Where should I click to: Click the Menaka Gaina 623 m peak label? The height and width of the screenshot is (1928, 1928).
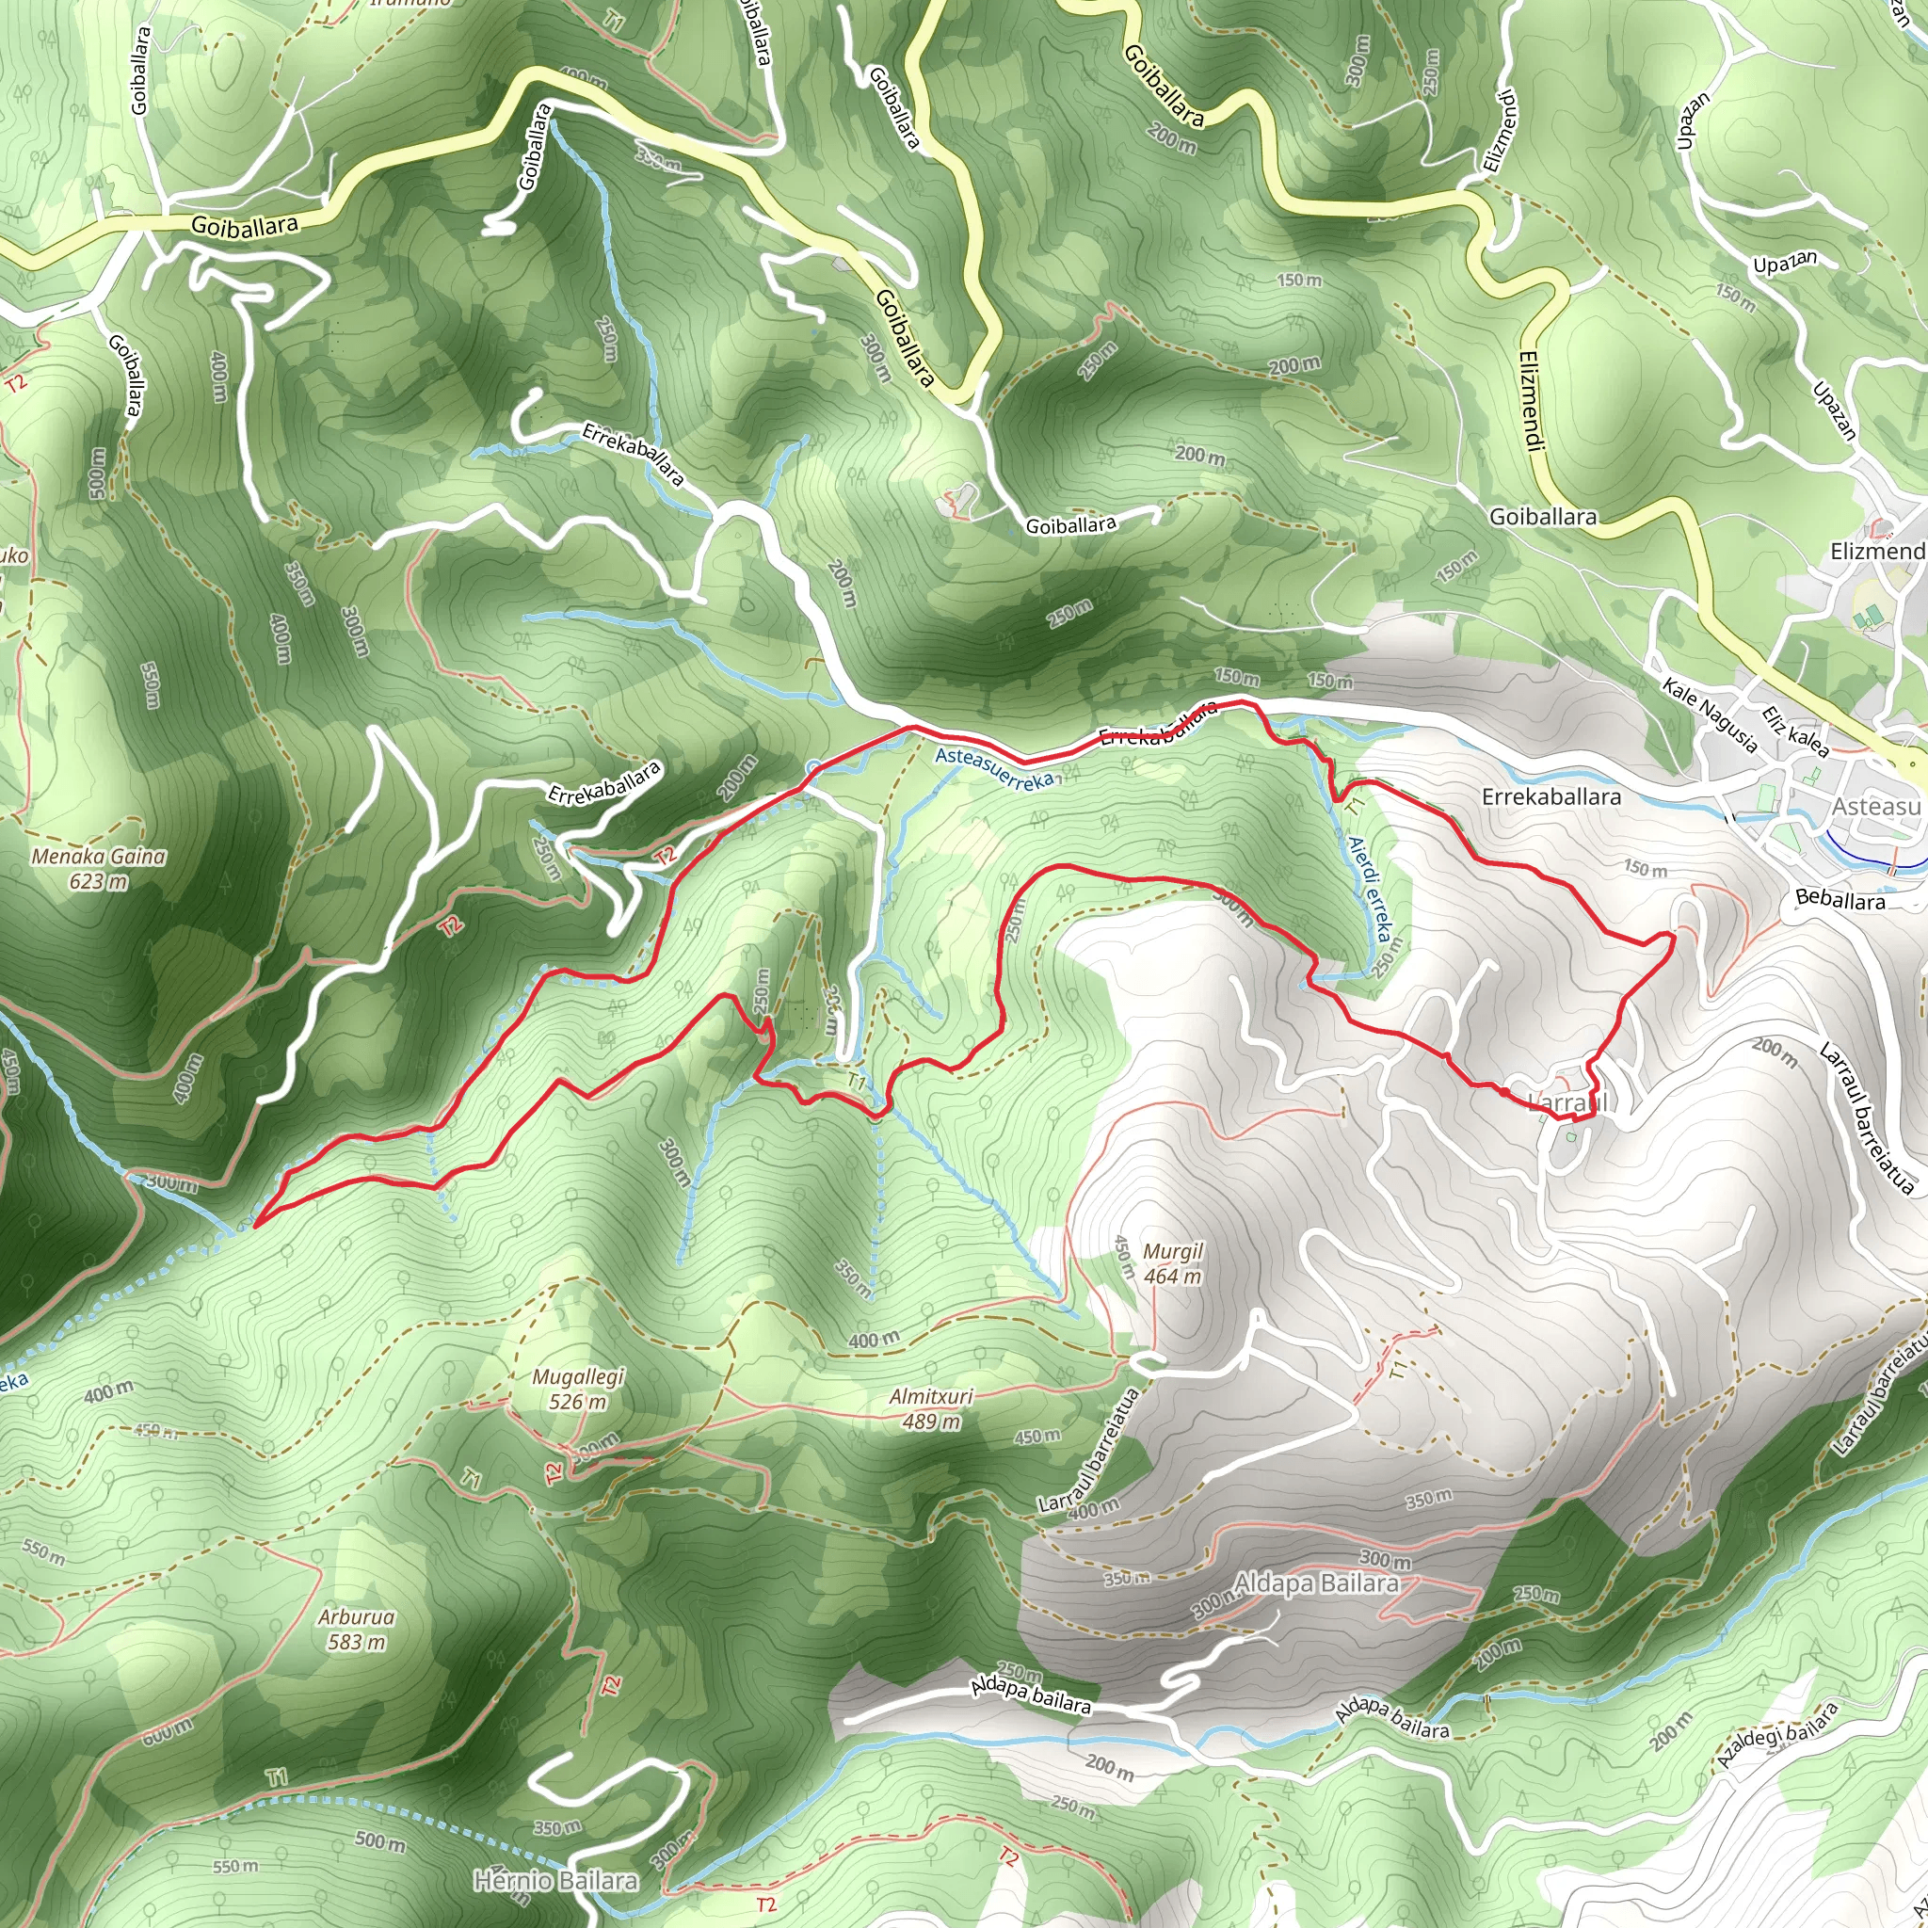point(99,868)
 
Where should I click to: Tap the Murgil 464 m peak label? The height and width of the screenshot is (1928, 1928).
point(1174,1263)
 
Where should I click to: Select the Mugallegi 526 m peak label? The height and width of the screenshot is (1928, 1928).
point(578,1390)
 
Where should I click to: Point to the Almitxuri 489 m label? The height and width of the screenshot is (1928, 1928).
point(931,1409)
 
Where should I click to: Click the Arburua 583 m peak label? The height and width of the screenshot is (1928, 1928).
point(357,1630)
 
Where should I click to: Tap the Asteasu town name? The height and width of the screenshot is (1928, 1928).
point(1876,807)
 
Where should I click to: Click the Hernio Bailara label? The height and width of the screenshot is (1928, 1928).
point(555,1881)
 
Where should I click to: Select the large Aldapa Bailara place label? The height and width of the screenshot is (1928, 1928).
point(1316,1583)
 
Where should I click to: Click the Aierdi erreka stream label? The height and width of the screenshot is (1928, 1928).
point(1368,888)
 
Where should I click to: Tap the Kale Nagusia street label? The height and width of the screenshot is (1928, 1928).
point(1711,714)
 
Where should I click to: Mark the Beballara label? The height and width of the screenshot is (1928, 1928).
point(1840,900)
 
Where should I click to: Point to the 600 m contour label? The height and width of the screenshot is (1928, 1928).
point(168,1731)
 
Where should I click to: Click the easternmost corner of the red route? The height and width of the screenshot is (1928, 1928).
point(1674,934)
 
